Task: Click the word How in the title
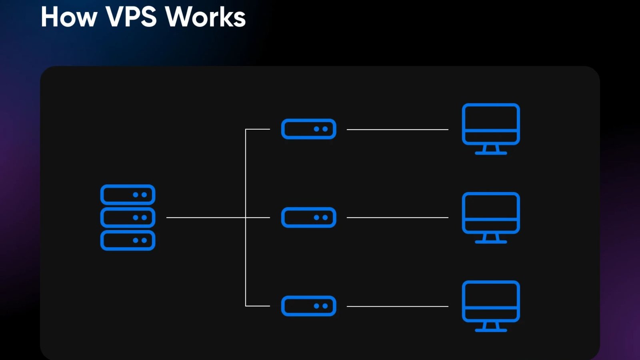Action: [69, 17]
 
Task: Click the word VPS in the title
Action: [131, 17]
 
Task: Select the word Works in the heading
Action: [205, 17]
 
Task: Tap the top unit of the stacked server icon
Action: [128, 195]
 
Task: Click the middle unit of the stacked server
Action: [128, 218]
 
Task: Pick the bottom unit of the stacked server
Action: [128, 240]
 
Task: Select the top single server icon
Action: [308, 129]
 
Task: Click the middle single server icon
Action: [308, 218]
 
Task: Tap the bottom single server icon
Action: [308, 306]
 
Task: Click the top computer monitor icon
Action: [491, 124]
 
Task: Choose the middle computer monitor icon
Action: [491, 213]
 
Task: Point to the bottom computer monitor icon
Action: [491, 301]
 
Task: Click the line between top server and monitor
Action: [397, 130]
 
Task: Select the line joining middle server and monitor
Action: [397, 218]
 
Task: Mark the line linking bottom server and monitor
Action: [397, 306]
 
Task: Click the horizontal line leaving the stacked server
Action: [204, 218]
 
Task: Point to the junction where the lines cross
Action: [246, 218]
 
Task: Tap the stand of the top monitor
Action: [491, 150]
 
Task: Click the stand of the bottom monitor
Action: [491, 327]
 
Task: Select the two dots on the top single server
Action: [321, 129]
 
